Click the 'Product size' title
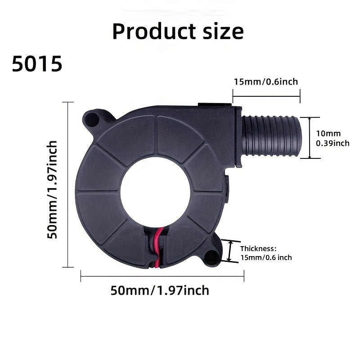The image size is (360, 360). click(x=178, y=31)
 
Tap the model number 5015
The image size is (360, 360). click(x=37, y=65)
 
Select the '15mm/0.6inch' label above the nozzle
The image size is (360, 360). click(x=265, y=81)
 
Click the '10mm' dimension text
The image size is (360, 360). click(x=328, y=133)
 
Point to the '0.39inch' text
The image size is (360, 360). click(x=333, y=143)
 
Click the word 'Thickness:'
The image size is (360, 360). click(x=258, y=248)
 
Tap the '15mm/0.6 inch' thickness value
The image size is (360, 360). click(x=266, y=257)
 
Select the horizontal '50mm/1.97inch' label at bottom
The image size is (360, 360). click(x=160, y=290)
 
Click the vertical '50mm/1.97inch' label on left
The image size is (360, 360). click(x=53, y=189)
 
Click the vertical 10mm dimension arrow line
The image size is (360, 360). click(x=310, y=137)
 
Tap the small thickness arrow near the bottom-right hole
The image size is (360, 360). click(x=231, y=251)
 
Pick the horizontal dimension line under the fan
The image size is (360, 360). click(x=162, y=275)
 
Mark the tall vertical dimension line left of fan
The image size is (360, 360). click(x=68, y=184)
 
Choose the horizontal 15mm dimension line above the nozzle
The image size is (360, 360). click(x=266, y=95)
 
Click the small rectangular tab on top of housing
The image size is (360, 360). click(x=216, y=105)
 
